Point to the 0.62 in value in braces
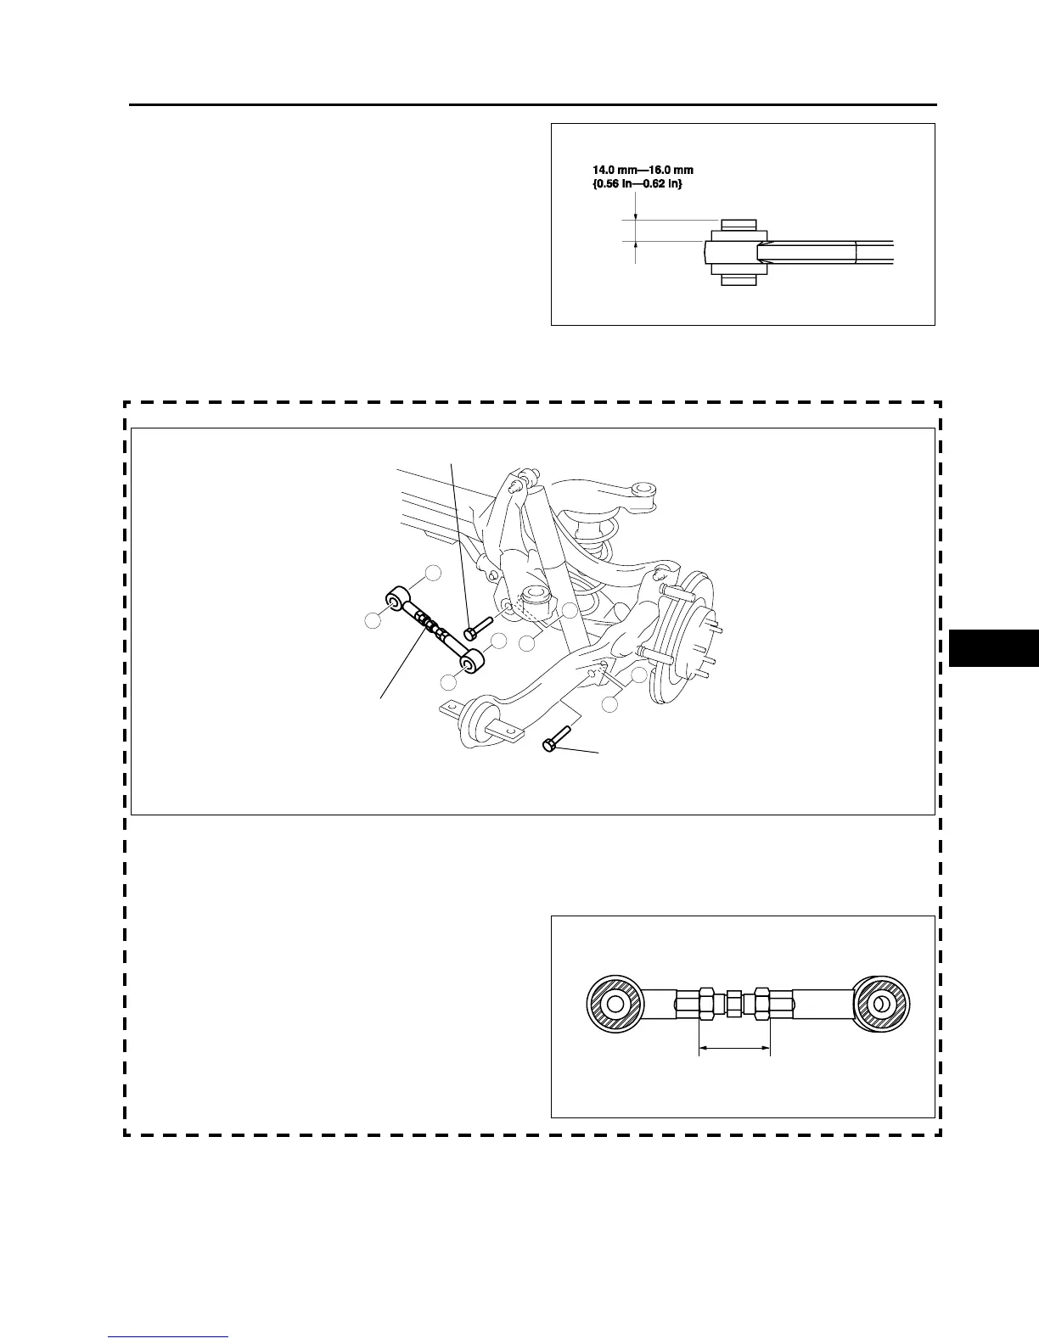pos(662,184)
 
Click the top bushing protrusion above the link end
pos(738,226)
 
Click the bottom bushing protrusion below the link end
pos(738,279)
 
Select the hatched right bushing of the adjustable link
pos(882,1005)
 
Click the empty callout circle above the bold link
pos(433,573)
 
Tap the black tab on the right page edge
pos(993,648)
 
